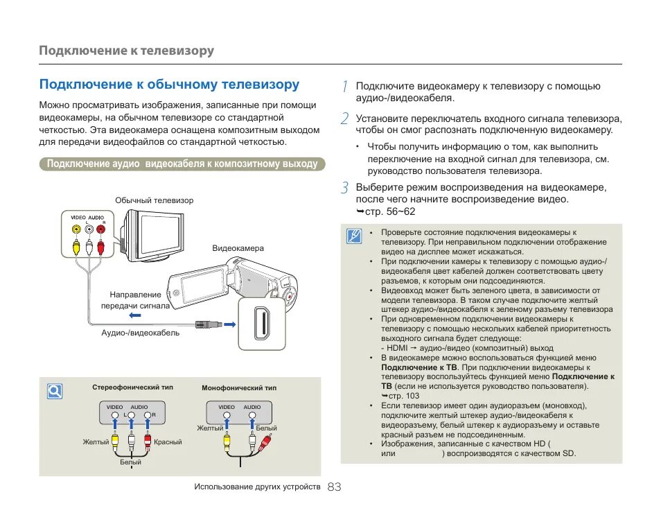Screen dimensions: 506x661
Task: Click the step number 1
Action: click(344, 86)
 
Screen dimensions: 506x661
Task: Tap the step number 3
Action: click(344, 188)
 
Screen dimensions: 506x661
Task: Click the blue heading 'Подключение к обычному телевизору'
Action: click(169, 85)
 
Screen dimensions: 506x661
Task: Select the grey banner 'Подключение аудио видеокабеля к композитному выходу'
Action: click(182, 164)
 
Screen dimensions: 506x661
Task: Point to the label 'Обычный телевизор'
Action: click(155, 200)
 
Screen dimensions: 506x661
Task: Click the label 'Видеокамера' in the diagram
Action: click(238, 248)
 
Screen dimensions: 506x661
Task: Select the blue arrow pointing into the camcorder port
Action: click(230, 323)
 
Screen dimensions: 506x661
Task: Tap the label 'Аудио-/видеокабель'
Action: click(141, 333)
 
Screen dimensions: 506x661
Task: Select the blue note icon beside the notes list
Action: click(355, 237)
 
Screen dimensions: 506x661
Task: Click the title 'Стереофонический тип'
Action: click(133, 387)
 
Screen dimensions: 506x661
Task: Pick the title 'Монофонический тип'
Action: click(238, 388)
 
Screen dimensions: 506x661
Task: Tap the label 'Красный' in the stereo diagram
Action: click(168, 442)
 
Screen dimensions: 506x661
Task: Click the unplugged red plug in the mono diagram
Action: click(263, 444)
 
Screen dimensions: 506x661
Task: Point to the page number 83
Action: click(334, 487)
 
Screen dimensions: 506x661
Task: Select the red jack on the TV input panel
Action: click(101, 229)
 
